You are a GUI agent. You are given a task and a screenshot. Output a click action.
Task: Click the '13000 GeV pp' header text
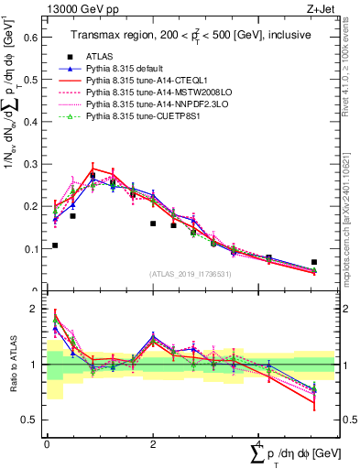click(78, 8)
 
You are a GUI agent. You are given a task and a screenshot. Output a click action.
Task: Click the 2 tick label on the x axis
click(154, 444)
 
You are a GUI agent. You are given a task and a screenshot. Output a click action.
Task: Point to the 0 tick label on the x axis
click(47, 444)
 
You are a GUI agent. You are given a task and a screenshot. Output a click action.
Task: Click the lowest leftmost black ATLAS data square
click(55, 245)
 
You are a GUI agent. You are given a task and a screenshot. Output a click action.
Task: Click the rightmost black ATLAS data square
click(314, 262)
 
